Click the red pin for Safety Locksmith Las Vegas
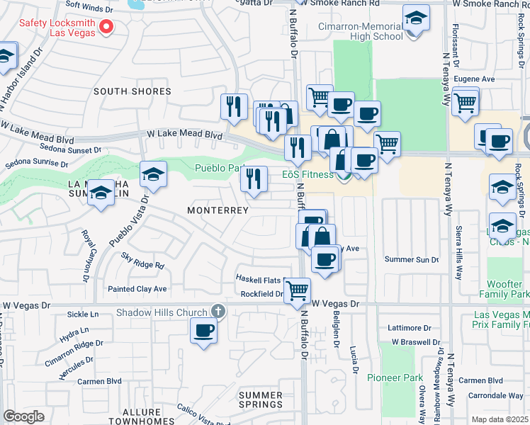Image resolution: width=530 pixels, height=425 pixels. [107, 28]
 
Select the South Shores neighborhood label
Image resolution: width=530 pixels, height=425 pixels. [132, 91]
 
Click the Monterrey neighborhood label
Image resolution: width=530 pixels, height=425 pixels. [218, 210]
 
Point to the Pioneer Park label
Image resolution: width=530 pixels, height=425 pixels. [395, 378]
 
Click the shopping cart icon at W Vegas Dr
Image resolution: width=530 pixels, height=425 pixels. [298, 290]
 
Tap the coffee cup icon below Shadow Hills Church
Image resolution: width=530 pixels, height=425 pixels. [204, 330]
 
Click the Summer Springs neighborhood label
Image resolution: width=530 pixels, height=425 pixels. [260, 399]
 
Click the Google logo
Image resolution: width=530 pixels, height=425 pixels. [23, 416]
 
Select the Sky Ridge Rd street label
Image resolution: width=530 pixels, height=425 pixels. [142, 261]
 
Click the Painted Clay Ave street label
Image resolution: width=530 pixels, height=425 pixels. [137, 289]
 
